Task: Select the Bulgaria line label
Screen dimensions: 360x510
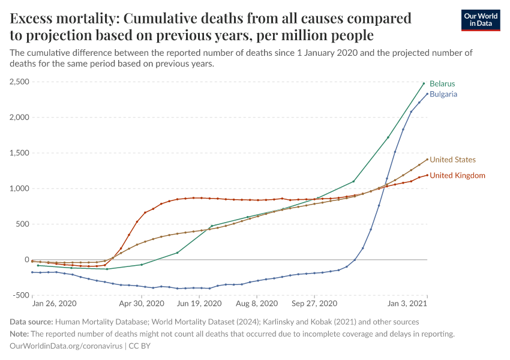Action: (443, 94)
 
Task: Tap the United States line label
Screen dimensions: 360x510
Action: (453, 160)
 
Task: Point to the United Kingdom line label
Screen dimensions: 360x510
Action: (458, 175)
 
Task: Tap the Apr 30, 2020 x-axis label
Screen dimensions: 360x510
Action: (142, 304)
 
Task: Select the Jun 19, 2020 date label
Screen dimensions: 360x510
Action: (199, 304)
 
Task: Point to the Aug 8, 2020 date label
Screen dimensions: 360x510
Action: (256, 304)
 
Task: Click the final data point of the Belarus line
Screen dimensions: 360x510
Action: (424, 83)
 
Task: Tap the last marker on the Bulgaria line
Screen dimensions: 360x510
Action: (427, 94)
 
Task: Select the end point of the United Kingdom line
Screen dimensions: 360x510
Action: (427, 175)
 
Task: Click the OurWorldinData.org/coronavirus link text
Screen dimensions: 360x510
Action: (65, 346)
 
